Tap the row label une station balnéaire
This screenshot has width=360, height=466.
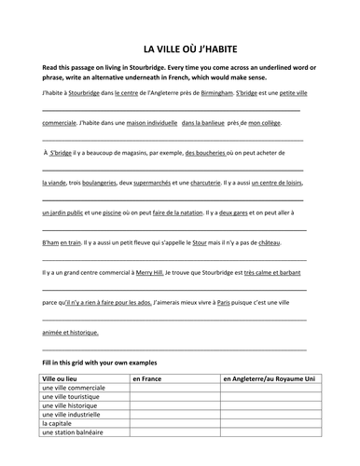(x=73, y=432)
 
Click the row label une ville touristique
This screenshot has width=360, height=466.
(x=74, y=400)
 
